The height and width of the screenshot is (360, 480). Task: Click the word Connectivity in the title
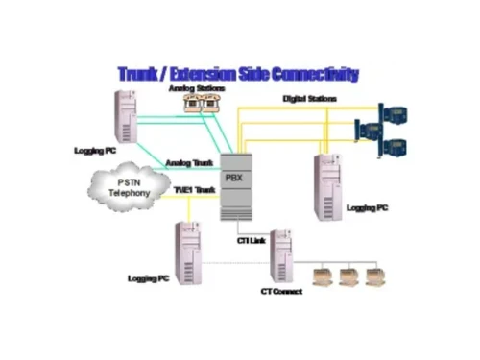(x=315, y=74)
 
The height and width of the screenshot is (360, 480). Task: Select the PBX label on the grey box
(x=233, y=177)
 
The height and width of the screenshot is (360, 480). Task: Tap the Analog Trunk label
(x=189, y=162)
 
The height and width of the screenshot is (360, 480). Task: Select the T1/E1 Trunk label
(x=193, y=190)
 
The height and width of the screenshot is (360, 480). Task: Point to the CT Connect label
(x=280, y=290)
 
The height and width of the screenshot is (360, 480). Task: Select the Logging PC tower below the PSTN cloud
(x=188, y=248)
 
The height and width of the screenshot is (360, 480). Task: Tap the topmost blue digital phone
(x=396, y=111)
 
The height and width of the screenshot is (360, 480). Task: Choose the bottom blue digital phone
(x=395, y=147)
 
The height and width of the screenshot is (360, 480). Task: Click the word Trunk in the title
(x=142, y=74)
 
